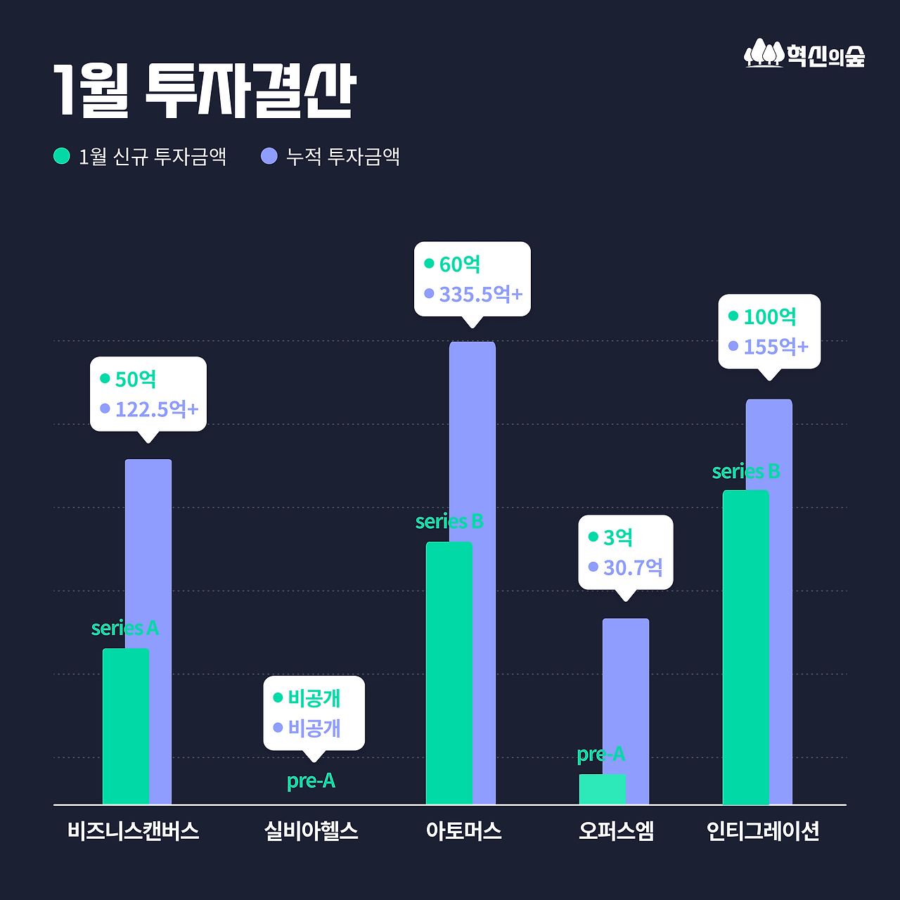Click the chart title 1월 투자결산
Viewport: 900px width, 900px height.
205,91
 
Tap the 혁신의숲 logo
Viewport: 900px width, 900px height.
804,54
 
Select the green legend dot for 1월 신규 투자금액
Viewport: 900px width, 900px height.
62,155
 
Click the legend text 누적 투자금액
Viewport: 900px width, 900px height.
342,156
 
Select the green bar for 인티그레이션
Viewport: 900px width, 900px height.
745,647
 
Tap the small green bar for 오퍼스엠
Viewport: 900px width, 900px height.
602,789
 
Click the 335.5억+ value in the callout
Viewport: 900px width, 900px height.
481,294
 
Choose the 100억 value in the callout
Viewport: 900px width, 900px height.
770,317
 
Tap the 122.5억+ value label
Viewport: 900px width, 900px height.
157,409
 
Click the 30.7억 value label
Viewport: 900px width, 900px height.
633,567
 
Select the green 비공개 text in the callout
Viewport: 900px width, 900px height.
314,698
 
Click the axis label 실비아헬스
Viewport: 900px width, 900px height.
311,831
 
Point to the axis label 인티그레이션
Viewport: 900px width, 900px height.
763,831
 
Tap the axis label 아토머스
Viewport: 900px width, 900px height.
464,831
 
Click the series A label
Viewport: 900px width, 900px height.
125,628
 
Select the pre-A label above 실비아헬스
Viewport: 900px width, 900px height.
311,780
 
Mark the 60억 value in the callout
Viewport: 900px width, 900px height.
460,264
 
